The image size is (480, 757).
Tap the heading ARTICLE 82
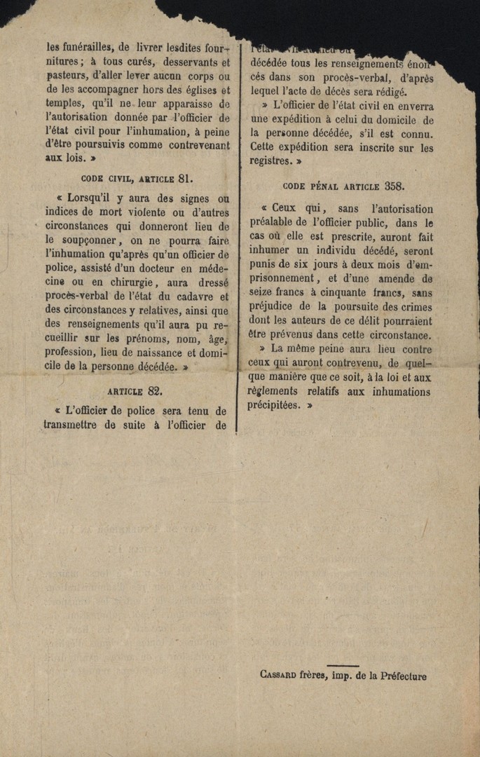click(x=135, y=391)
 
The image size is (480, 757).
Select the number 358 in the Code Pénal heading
click(x=395, y=186)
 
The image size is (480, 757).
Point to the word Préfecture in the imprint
click(x=403, y=676)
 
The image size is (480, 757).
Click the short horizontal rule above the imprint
click(x=343, y=666)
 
